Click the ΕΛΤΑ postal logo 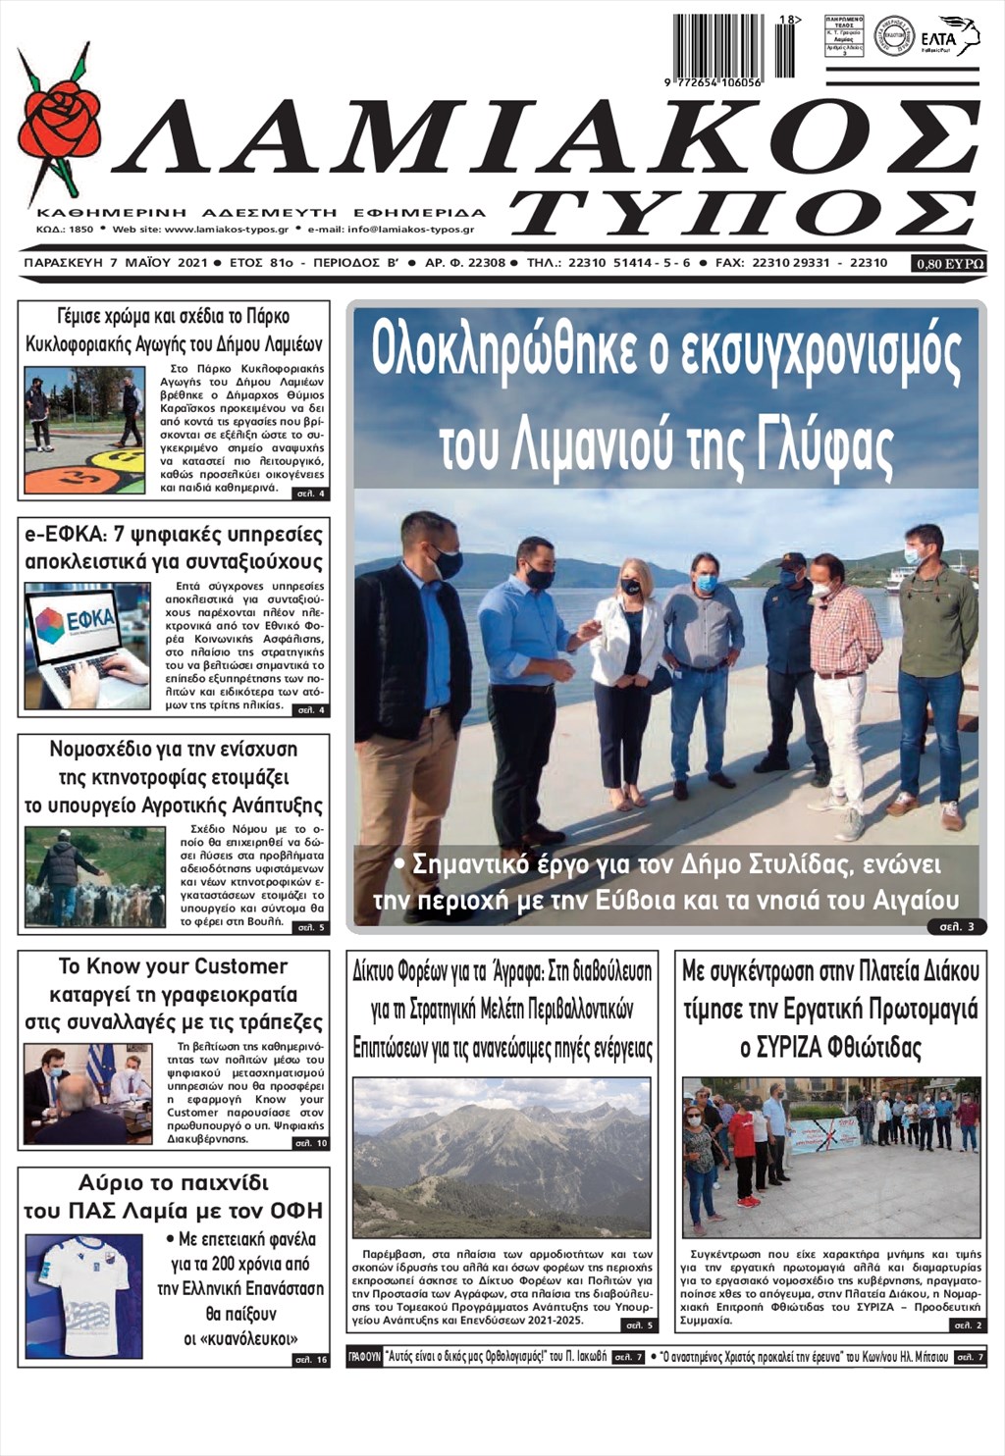pos(949,36)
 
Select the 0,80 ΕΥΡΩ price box pos(949,263)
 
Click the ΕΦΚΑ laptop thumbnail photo pos(86,646)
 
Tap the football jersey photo pos(83,1294)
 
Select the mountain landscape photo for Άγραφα pos(501,1158)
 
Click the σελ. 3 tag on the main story pos(956,926)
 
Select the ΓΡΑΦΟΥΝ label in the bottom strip pos(364,1358)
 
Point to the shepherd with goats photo pos(80,877)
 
